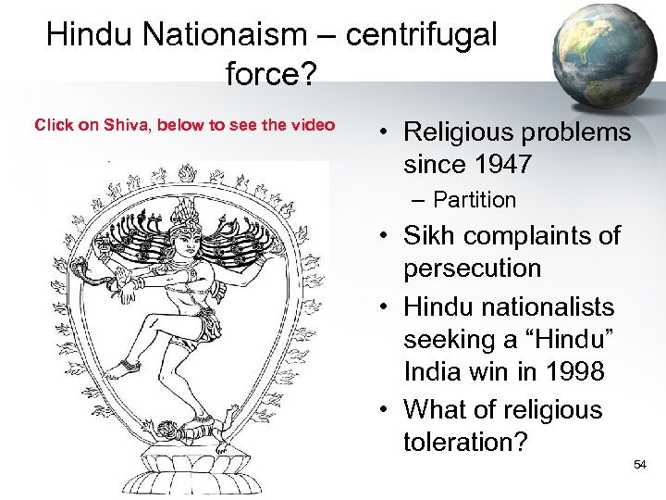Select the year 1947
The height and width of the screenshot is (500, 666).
pyautogui.click(x=499, y=166)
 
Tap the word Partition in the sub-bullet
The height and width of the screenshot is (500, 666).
pyautogui.click(x=475, y=200)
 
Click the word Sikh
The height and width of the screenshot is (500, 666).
pyautogui.click(x=432, y=235)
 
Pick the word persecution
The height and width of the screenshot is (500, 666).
pyautogui.click(x=472, y=269)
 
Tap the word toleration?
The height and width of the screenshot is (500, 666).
pyautogui.click(x=465, y=442)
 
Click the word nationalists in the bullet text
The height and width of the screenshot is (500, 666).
pyautogui.click(x=535, y=306)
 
